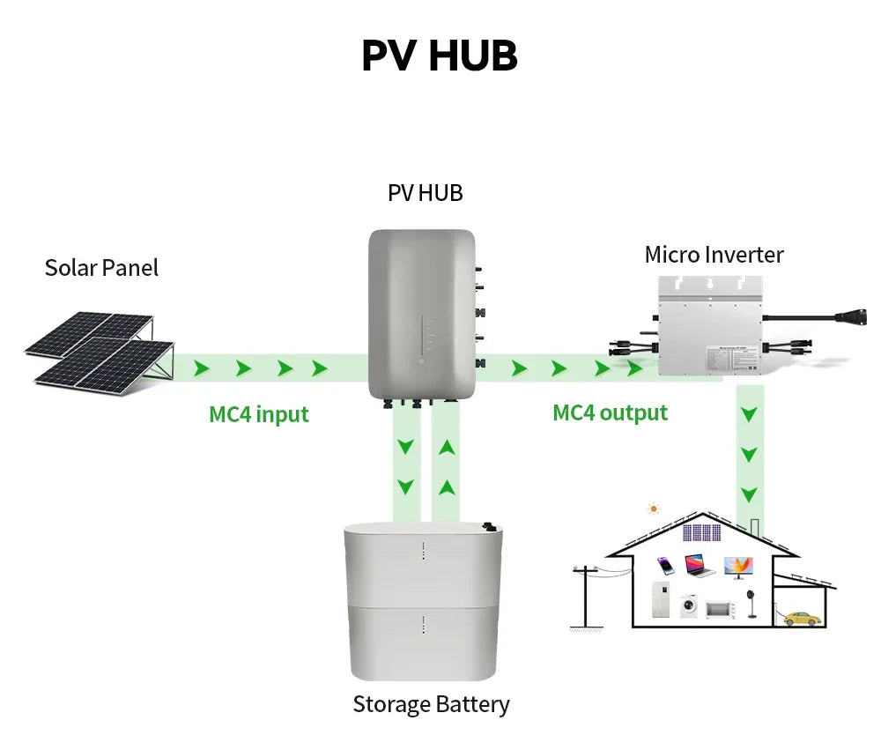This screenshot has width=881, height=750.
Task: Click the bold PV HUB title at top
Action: (x=439, y=56)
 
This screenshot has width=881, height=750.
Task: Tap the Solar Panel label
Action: (x=101, y=268)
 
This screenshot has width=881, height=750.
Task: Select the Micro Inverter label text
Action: (x=714, y=255)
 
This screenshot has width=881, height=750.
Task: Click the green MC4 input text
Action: (x=259, y=414)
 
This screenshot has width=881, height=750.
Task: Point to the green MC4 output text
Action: (x=610, y=412)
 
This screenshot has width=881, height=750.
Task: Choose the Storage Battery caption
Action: (x=431, y=704)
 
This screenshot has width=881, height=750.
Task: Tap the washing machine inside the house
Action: (x=689, y=606)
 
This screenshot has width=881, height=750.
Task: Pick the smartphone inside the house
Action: (x=667, y=565)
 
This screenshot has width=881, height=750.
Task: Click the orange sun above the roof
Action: (x=653, y=509)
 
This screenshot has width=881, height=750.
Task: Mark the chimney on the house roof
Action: (x=756, y=529)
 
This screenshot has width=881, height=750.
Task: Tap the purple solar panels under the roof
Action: (x=701, y=532)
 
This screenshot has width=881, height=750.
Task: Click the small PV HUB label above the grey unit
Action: (x=425, y=193)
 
